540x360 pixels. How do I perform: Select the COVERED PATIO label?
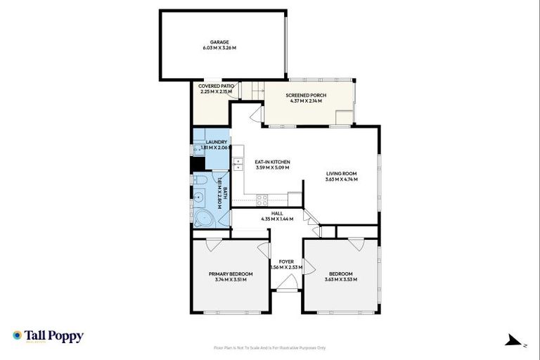(215, 86)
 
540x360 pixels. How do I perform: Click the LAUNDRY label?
(212, 142)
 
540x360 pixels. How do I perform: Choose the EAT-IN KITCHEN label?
(272, 162)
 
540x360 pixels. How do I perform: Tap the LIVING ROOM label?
(342, 174)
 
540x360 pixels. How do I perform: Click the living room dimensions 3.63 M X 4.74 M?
(342, 180)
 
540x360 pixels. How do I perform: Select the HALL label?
(277, 213)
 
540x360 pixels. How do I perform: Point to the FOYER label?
(286, 262)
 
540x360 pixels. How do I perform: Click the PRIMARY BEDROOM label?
(231, 274)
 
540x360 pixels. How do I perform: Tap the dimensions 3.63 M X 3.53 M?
(341, 280)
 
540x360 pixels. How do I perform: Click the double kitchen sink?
(238, 163)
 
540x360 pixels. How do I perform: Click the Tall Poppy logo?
(48, 336)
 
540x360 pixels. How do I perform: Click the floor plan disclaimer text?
(270, 347)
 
